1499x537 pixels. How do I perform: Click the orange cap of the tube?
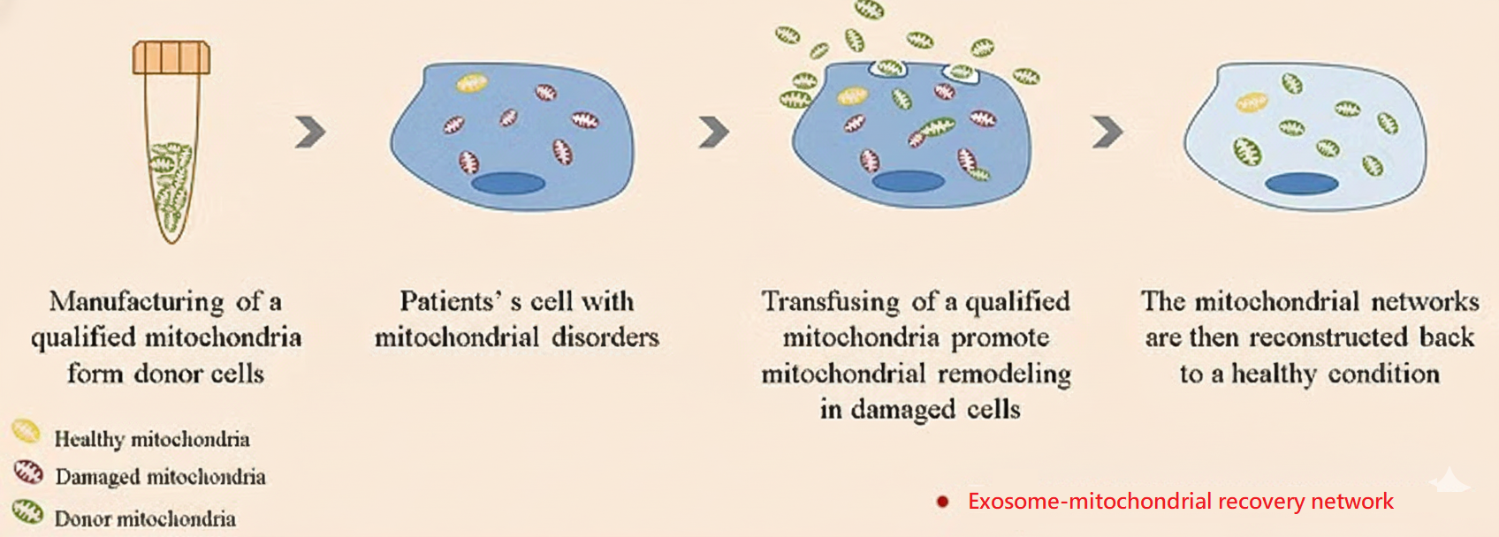pyautogui.click(x=171, y=57)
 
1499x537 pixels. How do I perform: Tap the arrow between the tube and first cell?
pyautogui.click(x=310, y=132)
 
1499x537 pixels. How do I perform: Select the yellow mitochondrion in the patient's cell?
pyautogui.click(x=472, y=83)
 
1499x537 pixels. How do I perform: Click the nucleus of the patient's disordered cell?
pyautogui.click(x=508, y=183)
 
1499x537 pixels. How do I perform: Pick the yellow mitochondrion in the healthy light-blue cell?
pyautogui.click(x=1252, y=102)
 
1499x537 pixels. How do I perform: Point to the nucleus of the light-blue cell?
pyautogui.click(x=1302, y=183)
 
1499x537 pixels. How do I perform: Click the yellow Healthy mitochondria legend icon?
pyautogui.click(x=27, y=431)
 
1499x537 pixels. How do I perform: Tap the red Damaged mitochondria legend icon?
pyautogui.click(x=28, y=473)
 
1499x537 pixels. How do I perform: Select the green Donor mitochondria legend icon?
pyautogui.click(x=28, y=512)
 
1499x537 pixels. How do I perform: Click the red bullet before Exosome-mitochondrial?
pyautogui.click(x=942, y=502)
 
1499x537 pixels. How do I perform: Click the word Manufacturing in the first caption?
pyautogui.click(x=136, y=302)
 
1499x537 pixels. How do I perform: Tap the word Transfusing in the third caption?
pyautogui.click(x=831, y=302)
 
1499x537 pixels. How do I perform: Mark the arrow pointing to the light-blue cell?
pyautogui.click(x=1107, y=132)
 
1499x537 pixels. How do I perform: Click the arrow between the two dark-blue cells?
pyautogui.click(x=714, y=132)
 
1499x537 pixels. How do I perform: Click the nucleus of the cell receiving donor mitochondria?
pyautogui.click(x=908, y=180)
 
